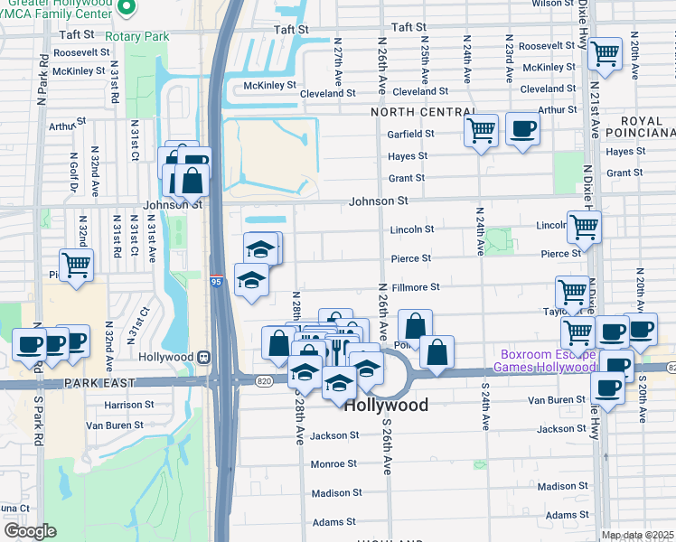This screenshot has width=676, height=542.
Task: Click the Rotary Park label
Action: (137, 37)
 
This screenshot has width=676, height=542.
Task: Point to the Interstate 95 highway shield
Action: (216, 281)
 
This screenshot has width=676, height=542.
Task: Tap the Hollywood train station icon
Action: (205, 357)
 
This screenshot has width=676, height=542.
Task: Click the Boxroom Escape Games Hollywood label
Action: (544, 360)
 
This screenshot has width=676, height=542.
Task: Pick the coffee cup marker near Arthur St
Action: (522, 128)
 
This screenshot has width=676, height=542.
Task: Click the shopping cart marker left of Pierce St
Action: (77, 265)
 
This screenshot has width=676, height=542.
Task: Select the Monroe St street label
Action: (334, 464)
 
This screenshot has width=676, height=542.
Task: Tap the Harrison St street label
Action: (117, 405)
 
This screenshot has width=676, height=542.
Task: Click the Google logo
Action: (30, 531)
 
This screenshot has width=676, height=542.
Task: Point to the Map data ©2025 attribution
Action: (637, 536)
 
